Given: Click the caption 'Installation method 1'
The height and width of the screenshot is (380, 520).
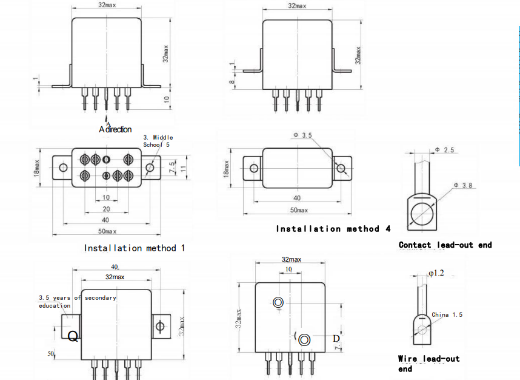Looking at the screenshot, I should pyautogui.click(x=135, y=248).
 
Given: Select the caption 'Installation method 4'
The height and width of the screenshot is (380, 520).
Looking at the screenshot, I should pyautogui.click(x=333, y=229).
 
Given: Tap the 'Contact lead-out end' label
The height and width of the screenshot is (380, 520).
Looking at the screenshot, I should pyautogui.click(x=445, y=245).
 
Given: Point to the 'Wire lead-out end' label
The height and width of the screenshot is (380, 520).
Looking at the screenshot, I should pyautogui.click(x=428, y=364).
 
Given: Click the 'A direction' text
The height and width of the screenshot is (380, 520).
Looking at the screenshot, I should pyautogui.click(x=115, y=129).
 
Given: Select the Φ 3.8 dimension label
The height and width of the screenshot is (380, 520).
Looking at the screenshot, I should pyautogui.click(x=463, y=185).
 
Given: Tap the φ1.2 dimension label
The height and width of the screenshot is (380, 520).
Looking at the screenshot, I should pyautogui.click(x=437, y=273).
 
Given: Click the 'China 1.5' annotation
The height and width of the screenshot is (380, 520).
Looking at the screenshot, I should pyautogui.click(x=447, y=315).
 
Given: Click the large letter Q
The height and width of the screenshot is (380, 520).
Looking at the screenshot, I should pyautogui.click(x=73, y=336).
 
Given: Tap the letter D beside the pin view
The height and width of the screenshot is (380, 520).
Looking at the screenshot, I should pyautogui.click(x=335, y=338).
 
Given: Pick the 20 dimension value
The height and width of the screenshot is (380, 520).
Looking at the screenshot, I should pyautogui.click(x=106, y=209).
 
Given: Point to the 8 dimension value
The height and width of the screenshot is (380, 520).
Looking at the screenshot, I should pyautogui.click(x=232, y=82).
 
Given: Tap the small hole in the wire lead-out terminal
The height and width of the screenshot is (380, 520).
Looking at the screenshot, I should pyautogui.click(x=420, y=330).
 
